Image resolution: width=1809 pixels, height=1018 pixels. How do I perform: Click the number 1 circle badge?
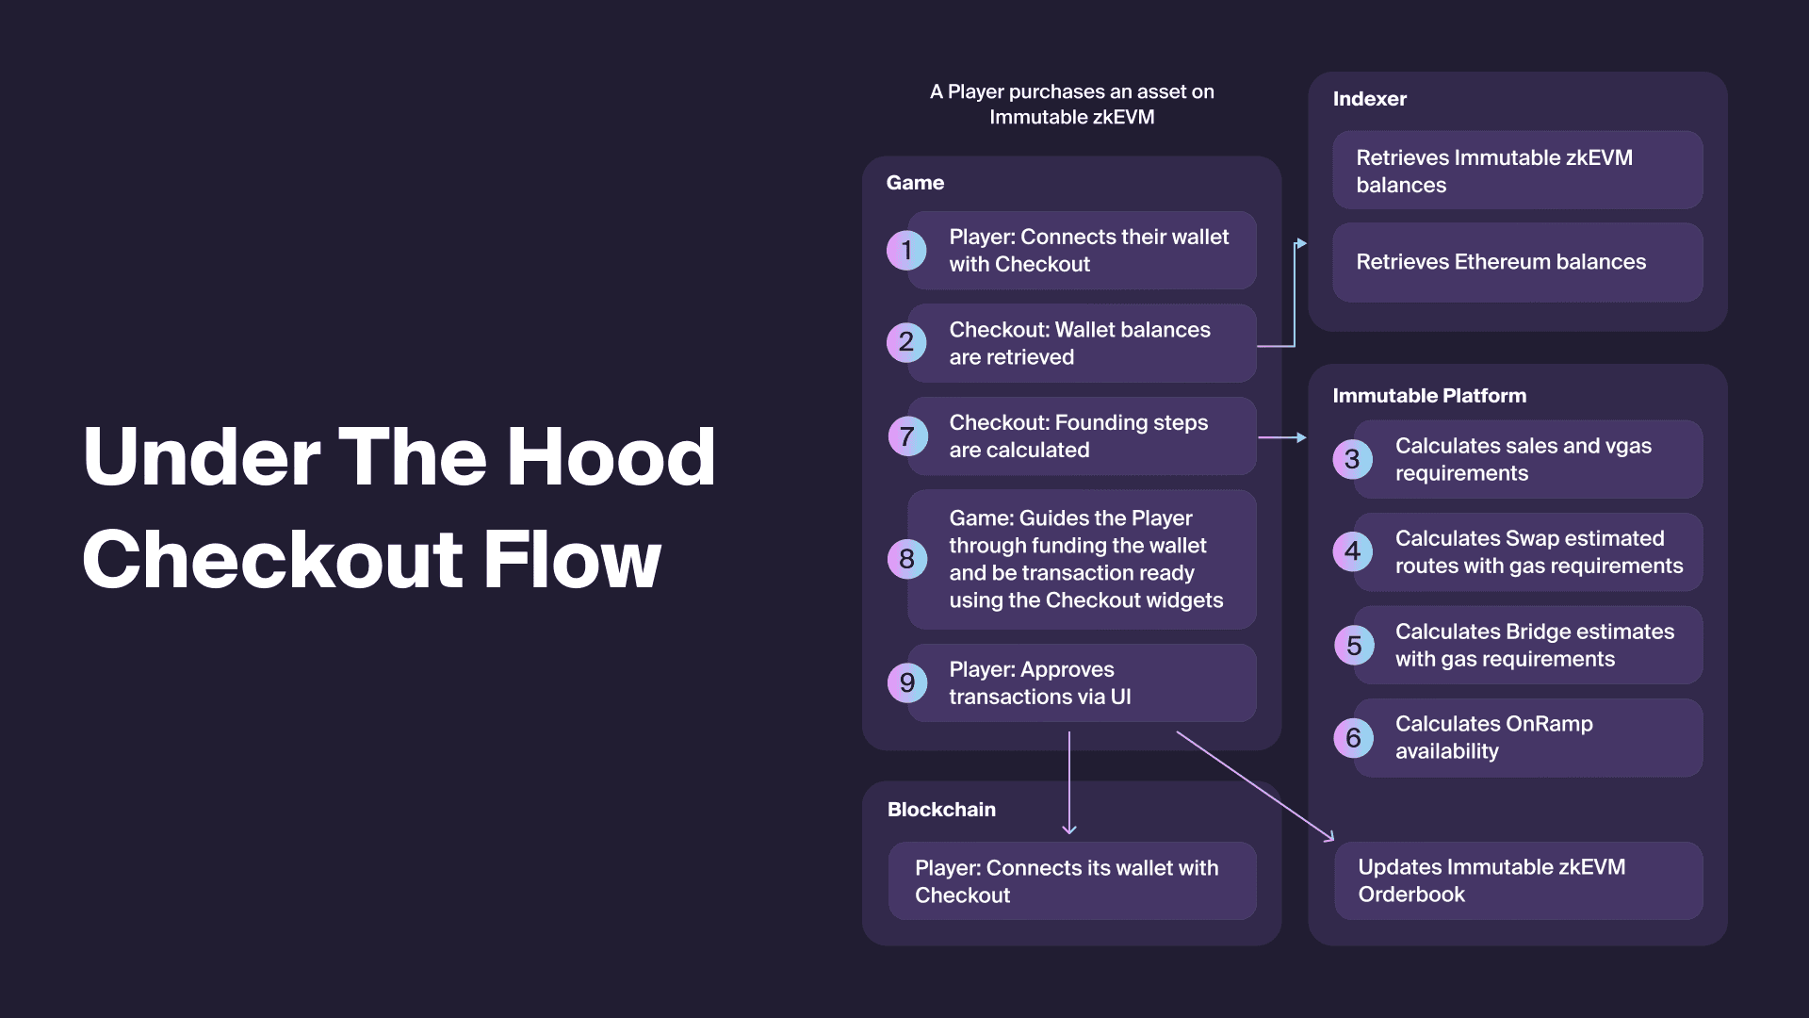[906, 250]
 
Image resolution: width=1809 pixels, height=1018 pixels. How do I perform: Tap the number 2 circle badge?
[906, 342]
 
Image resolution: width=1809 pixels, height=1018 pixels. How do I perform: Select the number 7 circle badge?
[907, 435]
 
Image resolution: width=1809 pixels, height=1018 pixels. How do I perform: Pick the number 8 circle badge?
[907, 559]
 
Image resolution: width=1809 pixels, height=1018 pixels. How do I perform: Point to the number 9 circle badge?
[907, 682]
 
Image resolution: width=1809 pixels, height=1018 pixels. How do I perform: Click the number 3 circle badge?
[1353, 459]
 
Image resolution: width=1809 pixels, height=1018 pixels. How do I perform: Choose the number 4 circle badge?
[1353, 551]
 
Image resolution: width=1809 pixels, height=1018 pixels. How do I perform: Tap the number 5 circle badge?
[1354, 645]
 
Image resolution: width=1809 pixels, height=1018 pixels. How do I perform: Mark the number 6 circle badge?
[1354, 737]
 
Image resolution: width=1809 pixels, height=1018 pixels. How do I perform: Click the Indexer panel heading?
[1369, 99]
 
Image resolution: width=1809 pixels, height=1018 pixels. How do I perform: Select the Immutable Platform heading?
[1429, 396]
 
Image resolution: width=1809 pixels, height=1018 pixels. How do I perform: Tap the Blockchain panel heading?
[941, 810]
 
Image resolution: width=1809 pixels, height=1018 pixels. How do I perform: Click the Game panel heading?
[915, 183]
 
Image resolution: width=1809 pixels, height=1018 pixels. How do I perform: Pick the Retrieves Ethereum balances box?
[1517, 262]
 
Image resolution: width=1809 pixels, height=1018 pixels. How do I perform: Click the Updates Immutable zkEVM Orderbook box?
[1518, 880]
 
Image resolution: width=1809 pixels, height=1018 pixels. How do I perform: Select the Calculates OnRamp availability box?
[1527, 737]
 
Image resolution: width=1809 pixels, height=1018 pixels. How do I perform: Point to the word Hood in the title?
[611, 456]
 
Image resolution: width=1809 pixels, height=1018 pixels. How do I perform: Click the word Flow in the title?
[572, 559]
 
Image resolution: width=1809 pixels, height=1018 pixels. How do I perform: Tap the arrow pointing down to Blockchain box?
[1069, 782]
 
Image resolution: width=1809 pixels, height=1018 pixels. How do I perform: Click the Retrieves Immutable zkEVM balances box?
[1517, 170]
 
